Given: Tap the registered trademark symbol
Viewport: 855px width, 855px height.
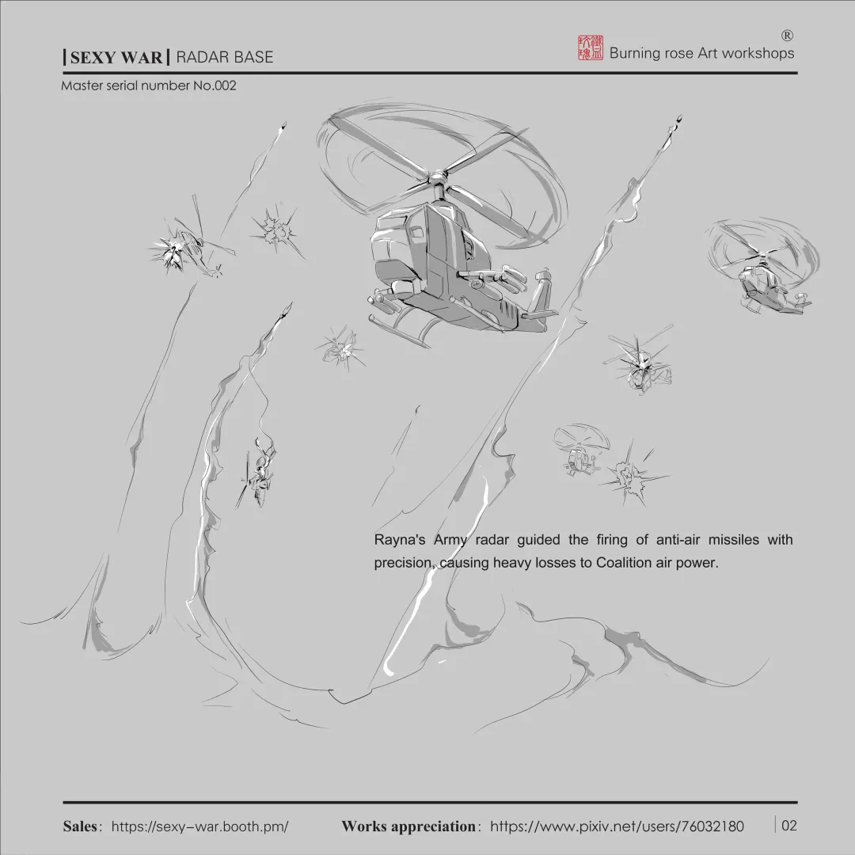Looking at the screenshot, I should tap(787, 35).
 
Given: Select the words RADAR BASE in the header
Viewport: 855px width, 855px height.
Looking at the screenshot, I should tap(225, 57).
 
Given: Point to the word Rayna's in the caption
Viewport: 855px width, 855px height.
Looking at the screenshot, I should tap(401, 540).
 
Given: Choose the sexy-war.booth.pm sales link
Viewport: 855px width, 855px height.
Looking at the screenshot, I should tap(199, 826).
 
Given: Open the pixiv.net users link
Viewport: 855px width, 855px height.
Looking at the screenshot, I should tap(617, 826).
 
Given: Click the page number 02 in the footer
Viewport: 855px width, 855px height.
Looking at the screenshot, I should tap(788, 826).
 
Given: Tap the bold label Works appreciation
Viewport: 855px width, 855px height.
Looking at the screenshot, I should tap(408, 826).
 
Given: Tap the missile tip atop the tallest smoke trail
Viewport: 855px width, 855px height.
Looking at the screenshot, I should tap(678, 122).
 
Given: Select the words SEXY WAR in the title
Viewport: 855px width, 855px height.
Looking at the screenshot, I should tap(116, 57).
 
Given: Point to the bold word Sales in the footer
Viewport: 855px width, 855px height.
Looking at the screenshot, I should tap(82, 826).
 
